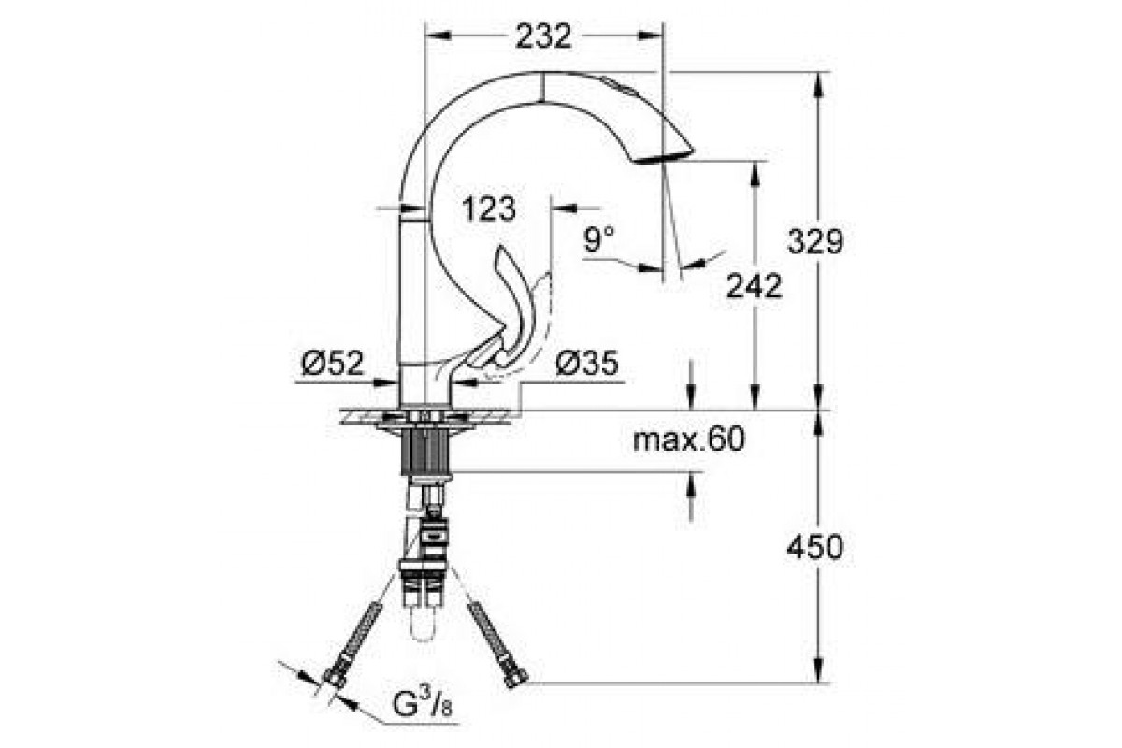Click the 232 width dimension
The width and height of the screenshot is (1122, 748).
(x=543, y=36)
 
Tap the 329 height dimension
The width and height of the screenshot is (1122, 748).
(x=815, y=241)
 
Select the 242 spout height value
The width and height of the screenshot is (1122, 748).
(x=754, y=286)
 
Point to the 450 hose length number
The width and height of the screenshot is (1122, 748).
(x=815, y=547)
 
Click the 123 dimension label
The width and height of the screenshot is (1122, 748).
(x=488, y=209)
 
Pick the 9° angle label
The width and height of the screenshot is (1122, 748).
(x=599, y=238)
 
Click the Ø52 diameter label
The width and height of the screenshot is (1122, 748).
(x=333, y=363)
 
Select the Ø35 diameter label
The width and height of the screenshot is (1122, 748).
(x=587, y=363)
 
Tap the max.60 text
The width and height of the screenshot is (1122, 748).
(x=689, y=439)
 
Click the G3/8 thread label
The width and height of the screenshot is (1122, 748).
(x=423, y=703)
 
